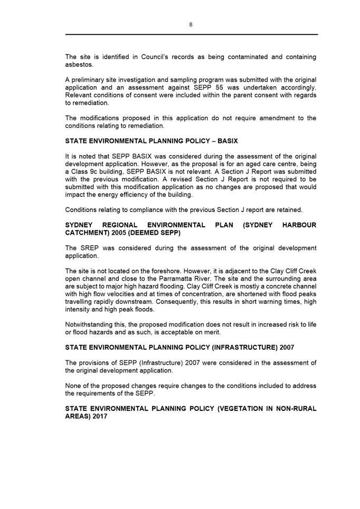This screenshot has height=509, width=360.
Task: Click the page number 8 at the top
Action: (x=191, y=24)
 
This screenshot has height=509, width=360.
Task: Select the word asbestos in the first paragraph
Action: (x=80, y=64)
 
